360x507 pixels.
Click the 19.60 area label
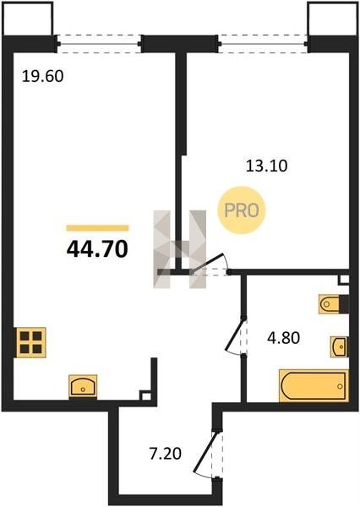point(43,77)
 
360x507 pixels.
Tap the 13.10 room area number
point(266,166)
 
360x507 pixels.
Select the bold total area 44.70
point(97,249)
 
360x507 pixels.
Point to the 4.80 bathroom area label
point(284,338)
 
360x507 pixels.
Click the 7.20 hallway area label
point(166,454)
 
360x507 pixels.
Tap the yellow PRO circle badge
point(242,210)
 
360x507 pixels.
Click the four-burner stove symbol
point(30,342)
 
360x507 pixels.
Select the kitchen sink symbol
point(83,386)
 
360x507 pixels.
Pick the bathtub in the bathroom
point(314,386)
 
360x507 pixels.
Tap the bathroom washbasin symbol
point(339,346)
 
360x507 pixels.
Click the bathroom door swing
point(236,336)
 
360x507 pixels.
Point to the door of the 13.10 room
point(210,264)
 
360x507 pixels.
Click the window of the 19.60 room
point(99,44)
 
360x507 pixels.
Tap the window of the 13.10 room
point(263,44)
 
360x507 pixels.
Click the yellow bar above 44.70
point(97,228)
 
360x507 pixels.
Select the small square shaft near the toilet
point(344,280)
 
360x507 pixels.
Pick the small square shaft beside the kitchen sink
point(145,395)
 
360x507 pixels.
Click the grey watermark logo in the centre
point(180,249)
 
